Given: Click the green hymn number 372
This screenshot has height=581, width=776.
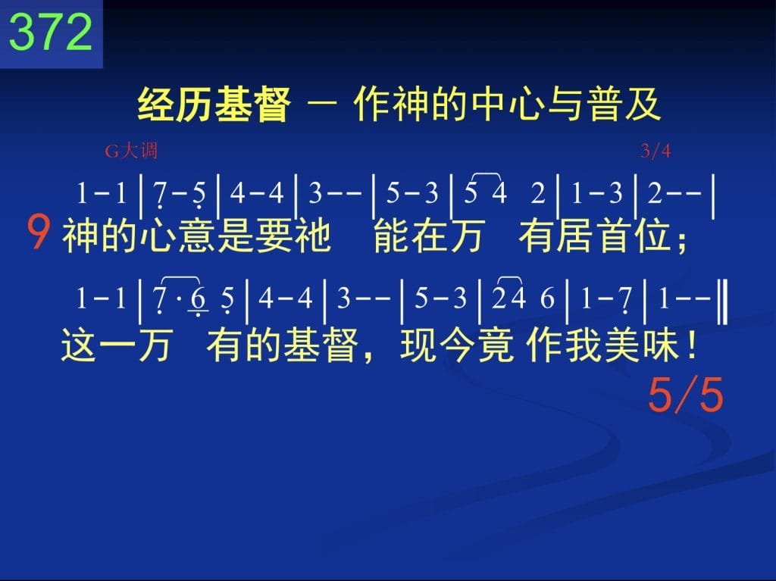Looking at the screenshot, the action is pos(51,32).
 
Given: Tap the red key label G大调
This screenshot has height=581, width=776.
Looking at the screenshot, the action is pos(131,151).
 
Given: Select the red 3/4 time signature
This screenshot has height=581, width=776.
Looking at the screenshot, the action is pos(656,151).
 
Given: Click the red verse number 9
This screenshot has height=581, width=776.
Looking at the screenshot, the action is pos(38,233).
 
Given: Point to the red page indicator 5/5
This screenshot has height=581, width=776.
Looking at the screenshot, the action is pos(686,395).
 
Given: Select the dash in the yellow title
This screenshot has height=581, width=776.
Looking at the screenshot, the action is pos(322,105).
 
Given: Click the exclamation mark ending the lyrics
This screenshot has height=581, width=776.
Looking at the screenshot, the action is pos(691,345).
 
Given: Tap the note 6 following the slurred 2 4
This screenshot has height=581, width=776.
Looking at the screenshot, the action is pos(547,298).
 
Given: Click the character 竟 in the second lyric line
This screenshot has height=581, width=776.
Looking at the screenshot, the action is pos(496,345).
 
